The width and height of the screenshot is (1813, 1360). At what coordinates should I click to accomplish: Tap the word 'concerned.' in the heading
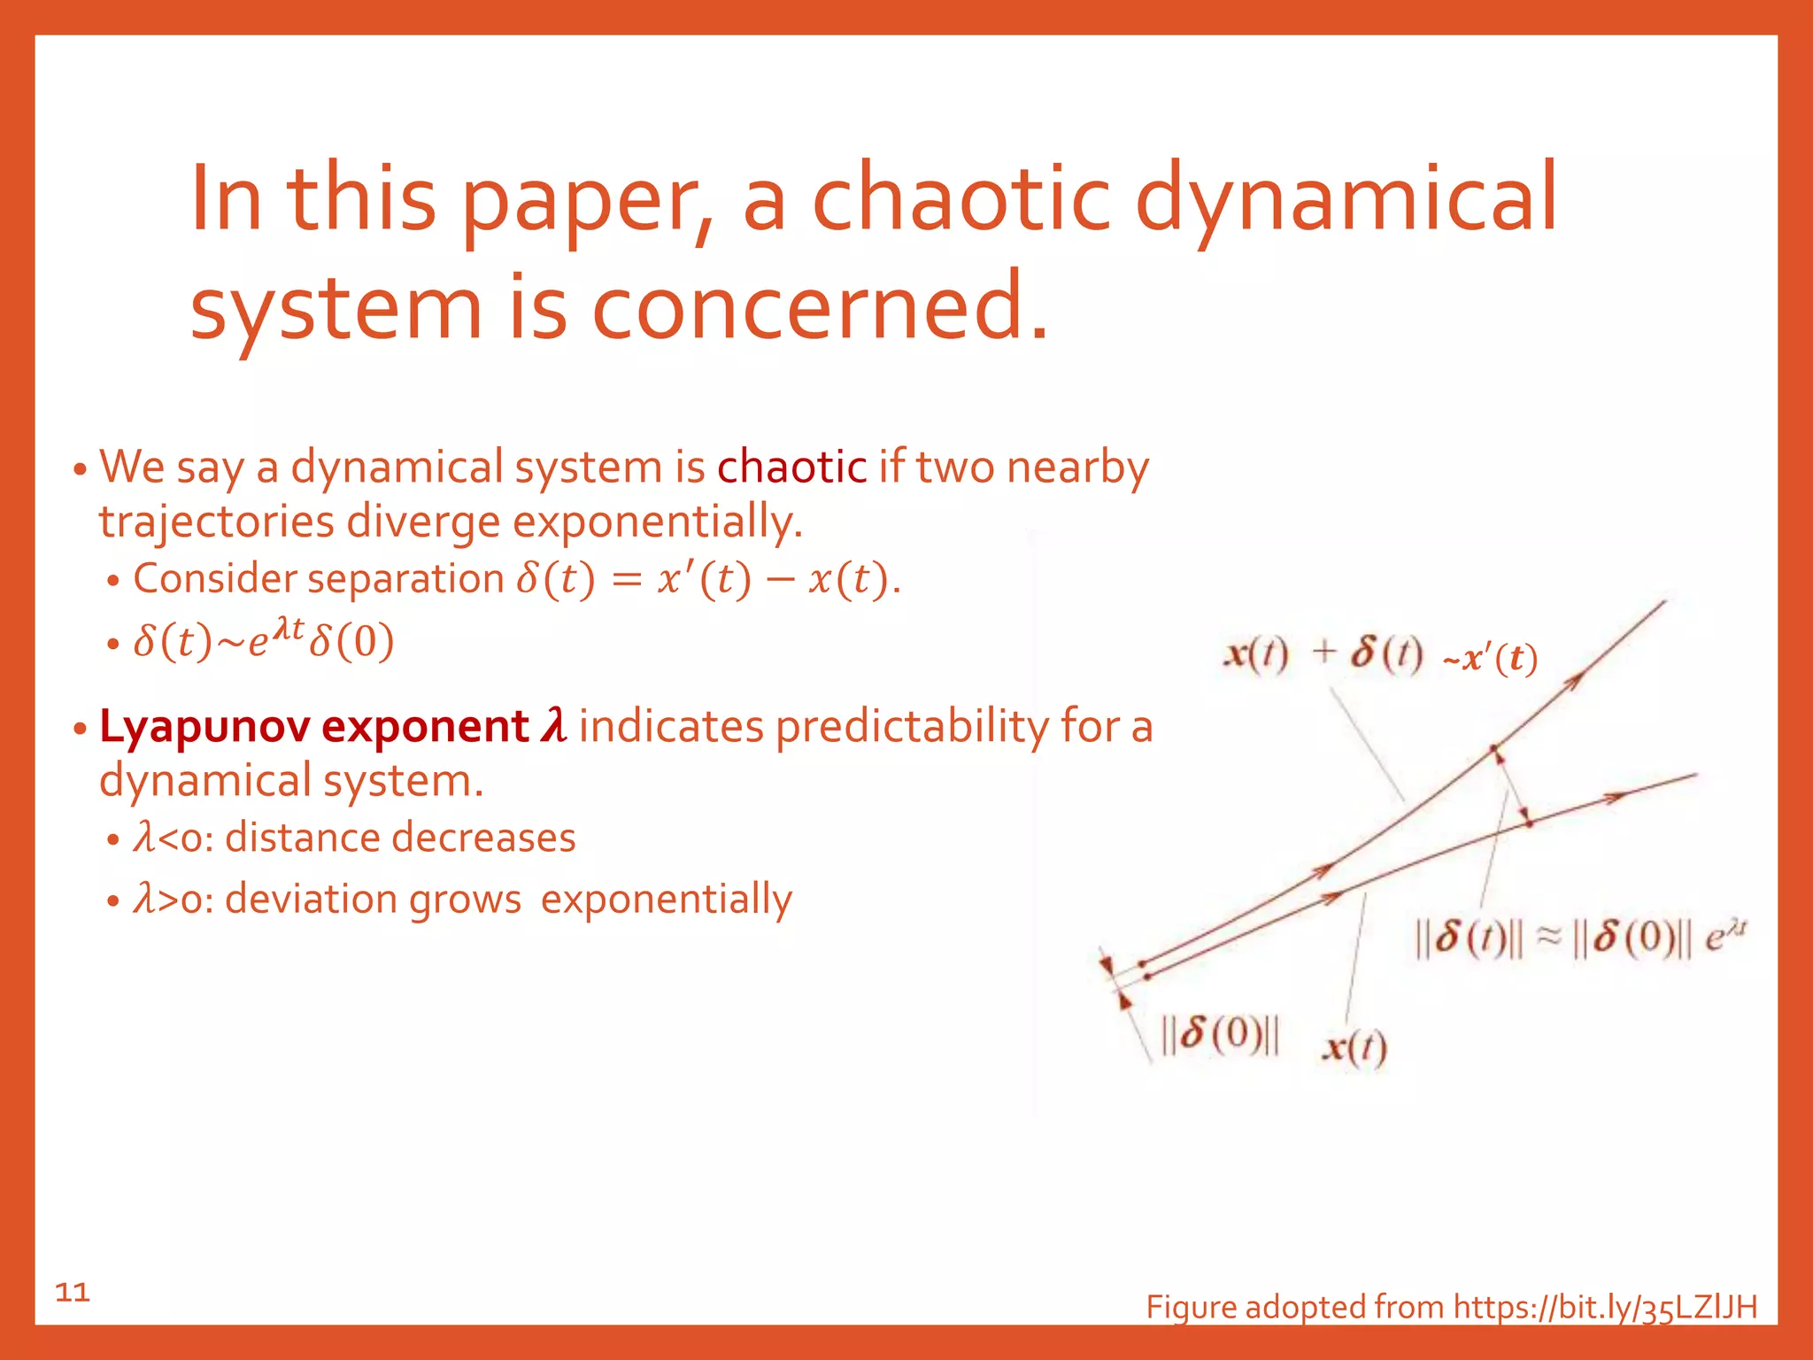pos(820,305)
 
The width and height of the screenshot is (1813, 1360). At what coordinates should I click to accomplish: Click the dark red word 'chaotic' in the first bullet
pos(791,467)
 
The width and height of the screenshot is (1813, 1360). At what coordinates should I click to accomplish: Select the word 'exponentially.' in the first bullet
pos(658,522)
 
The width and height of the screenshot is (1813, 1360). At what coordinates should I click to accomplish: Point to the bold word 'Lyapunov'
pos(204,728)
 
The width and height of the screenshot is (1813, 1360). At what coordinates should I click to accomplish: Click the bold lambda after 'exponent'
pos(554,726)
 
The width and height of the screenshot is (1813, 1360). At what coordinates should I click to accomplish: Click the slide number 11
pos(73,1293)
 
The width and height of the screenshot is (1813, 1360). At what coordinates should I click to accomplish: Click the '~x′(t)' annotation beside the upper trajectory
pos(1490,660)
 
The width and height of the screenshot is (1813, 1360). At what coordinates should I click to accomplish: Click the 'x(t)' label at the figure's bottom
pos(1354,1048)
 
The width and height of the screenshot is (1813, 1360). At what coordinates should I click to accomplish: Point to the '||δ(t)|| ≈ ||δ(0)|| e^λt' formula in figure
pos(1580,939)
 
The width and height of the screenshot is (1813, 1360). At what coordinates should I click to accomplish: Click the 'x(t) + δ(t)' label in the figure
pos(1323,655)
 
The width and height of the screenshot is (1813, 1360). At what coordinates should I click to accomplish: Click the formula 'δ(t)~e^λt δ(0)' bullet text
pos(263,641)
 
